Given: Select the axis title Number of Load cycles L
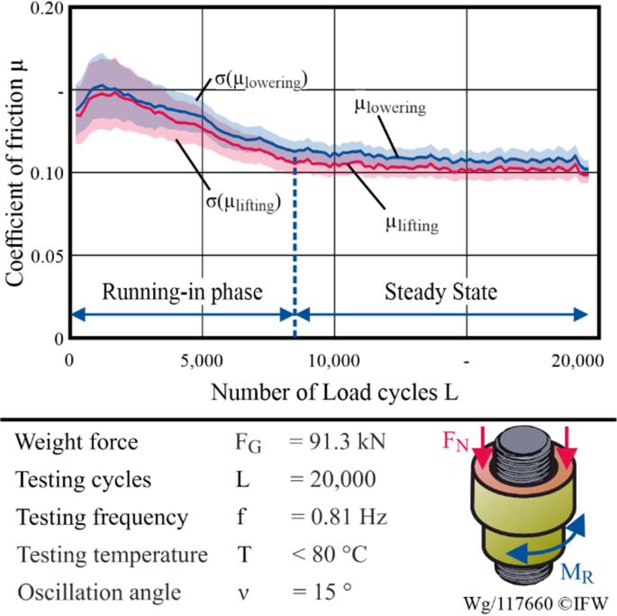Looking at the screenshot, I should (x=331, y=393).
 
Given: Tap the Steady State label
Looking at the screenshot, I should (x=440, y=293).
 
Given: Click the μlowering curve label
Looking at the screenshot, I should (x=389, y=106).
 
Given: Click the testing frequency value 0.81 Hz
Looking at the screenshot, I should (x=339, y=518).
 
